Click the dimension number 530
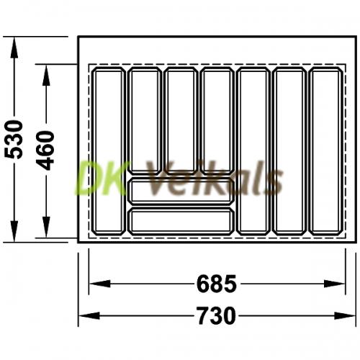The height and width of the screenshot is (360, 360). pos(14,140)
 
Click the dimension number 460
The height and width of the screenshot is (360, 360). pos(45,150)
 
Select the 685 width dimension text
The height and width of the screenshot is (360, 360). pos(217,284)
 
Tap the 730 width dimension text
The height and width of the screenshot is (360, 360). pos(217,315)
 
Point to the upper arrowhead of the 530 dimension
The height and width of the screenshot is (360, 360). pos(14,48)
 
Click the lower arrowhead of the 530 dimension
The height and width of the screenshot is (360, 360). pos(14,231)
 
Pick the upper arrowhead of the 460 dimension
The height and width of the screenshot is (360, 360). pos(46,75)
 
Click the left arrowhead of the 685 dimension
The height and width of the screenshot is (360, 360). pos(100,284)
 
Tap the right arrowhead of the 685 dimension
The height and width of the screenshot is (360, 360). pos(334,284)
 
